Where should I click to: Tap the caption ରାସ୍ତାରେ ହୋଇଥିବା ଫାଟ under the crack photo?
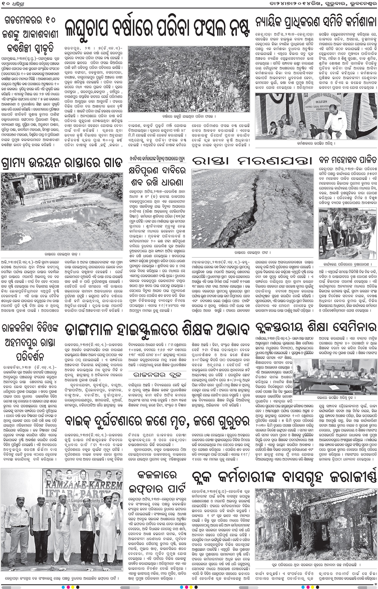tap(253, 252)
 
